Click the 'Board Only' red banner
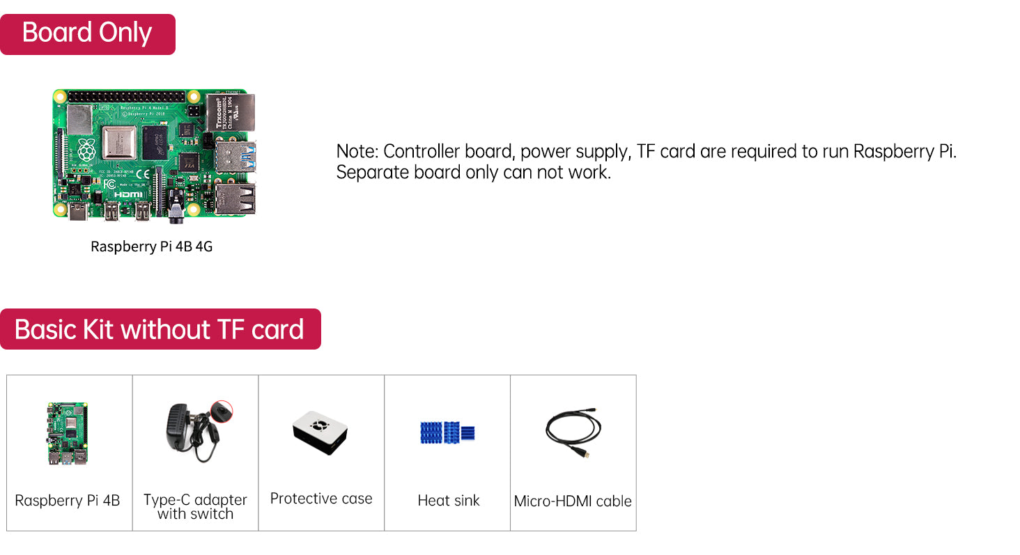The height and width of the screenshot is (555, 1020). pyautogui.click(x=87, y=34)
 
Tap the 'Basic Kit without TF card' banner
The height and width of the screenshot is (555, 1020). pyautogui.click(x=160, y=329)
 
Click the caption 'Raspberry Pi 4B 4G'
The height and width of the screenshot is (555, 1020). pyautogui.click(x=152, y=247)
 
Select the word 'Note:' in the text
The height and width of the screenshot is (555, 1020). pyautogui.click(x=357, y=151)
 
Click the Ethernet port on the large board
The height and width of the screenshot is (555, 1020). pyautogui.click(x=231, y=112)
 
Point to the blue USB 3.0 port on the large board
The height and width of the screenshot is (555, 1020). pyautogui.click(x=235, y=156)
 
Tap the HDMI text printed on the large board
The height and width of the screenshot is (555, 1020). pyautogui.click(x=128, y=194)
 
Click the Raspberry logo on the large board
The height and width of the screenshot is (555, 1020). pyautogui.click(x=86, y=149)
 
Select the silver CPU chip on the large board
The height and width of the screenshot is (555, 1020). pyautogui.click(x=119, y=143)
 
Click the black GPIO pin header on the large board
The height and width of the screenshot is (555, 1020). pyautogui.click(x=127, y=97)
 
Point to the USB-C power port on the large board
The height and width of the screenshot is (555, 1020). pyautogui.click(x=77, y=212)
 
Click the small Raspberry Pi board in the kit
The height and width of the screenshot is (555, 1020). pyautogui.click(x=68, y=433)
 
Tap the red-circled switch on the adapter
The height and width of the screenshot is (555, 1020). pyautogui.click(x=222, y=412)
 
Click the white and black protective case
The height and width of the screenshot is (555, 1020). pyautogui.click(x=320, y=432)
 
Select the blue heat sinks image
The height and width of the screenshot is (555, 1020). pyautogui.click(x=447, y=432)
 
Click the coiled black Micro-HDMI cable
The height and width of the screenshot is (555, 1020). pyautogui.click(x=573, y=432)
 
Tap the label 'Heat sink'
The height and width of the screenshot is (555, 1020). pyautogui.click(x=449, y=501)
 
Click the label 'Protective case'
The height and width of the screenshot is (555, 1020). pyautogui.click(x=321, y=499)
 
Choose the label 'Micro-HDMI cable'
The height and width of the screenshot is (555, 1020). pyautogui.click(x=573, y=501)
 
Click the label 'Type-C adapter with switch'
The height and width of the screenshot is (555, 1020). pyautogui.click(x=195, y=507)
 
